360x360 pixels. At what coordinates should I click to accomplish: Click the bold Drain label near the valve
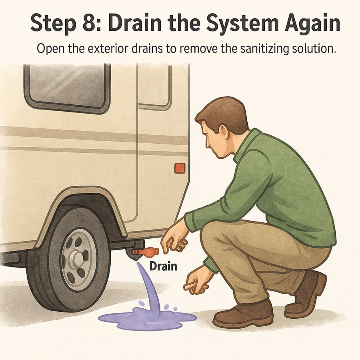tap(163, 266)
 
